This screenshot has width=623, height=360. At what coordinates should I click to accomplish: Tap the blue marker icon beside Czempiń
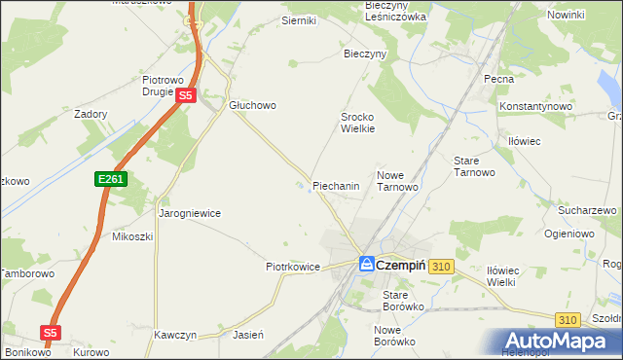(x=366, y=264)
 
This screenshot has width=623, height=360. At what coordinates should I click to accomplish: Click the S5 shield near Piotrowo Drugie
(x=187, y=95)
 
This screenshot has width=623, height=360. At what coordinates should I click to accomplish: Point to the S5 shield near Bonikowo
(x=51, y=333)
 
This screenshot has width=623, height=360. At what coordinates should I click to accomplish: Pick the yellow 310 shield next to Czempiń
(x=441, y=266)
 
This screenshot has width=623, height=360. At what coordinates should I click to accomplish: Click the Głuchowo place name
(x=253, y=105)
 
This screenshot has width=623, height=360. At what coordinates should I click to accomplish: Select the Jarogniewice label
(x=190, y=213)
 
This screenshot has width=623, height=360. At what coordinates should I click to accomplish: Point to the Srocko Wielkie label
(x=357, y=122)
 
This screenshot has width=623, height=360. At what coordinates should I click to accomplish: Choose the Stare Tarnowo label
(x=475, y=165)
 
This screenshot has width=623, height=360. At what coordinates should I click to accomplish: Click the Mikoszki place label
(x=133, y=236)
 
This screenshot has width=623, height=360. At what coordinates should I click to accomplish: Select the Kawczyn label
(x=175, y=335)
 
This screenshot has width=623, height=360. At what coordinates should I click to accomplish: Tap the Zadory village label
(x=91, y=114)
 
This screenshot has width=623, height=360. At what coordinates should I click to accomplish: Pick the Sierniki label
(x=272, y=20)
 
